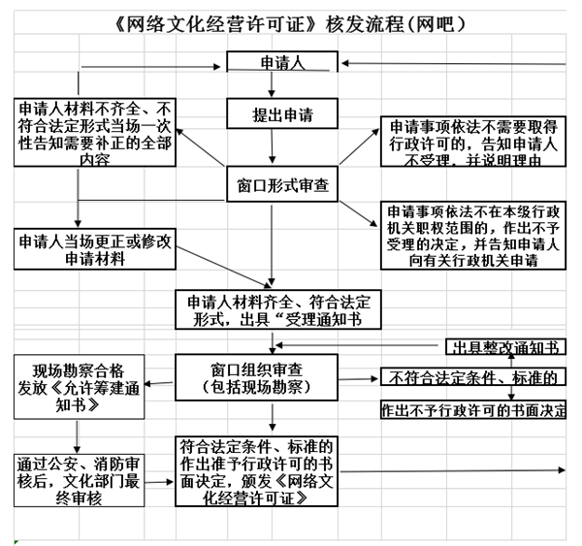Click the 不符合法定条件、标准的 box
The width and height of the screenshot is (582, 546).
pyautogui.click(x=472, y=377)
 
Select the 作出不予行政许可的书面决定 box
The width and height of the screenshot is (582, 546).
pyautogui.click(x=474, y=410)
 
